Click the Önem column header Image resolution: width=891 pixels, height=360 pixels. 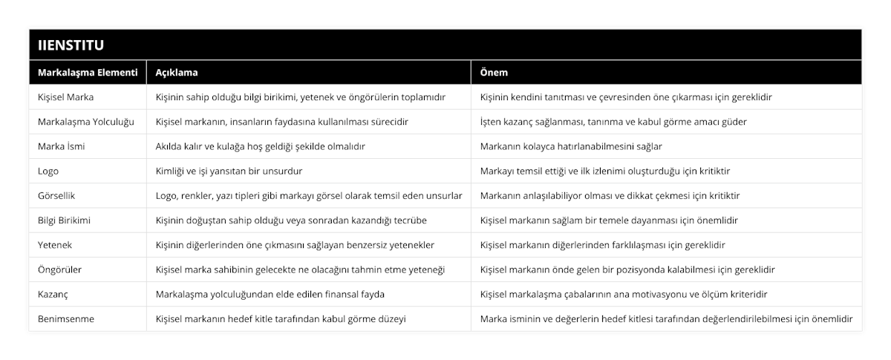pyautogui.click(x=495, y=73)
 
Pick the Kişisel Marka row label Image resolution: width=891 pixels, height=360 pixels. pyautogui.click(x=65, y=96)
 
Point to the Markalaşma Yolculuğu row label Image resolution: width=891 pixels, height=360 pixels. pyautogui.click(x=85, y=121)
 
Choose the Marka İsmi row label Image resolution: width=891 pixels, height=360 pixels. pyautogui.click(x=61, y=146)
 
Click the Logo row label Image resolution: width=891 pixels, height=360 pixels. pyautogui.click(x=48, y=171)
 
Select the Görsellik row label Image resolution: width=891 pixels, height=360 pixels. pyautogui.click(x=57, y=195)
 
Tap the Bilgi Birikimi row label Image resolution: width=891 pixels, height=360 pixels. pyautogui.click(x=65, y=220)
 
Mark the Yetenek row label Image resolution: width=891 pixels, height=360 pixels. pyautogui.click(x=55, y=244)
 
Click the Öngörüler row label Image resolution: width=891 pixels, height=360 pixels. pyautogui.click(x=59, y=269)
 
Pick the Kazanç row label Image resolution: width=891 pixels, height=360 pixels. pyautogui.click(x=53, y=294)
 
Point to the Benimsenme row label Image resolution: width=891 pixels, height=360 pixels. pyautogui.click(x=66, y=318)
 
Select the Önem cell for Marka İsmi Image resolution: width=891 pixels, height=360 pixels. pyautogui.click(x=571, y=146)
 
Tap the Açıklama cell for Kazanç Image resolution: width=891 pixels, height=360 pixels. pyautogui.click(x=270, y=294)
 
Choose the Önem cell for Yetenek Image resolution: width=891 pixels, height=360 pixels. pyautogui.click(x=603, y=244)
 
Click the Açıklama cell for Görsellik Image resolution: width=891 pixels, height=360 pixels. pyautogui.click(x=309, y=195)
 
